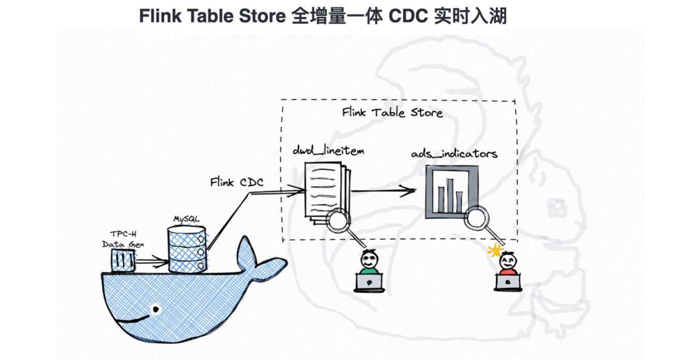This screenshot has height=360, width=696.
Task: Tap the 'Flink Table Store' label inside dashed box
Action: (x=392, y=112)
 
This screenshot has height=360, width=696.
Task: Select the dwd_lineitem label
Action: (x=328, y=151)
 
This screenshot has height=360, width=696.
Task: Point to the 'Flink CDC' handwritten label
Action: (x=237, y=182)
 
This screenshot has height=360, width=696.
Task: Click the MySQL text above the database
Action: (x=186, y=219)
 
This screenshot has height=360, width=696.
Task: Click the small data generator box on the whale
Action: (x=123, y=260)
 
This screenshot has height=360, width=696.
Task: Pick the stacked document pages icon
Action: (x=325, y=189)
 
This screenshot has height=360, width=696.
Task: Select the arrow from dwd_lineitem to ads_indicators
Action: (x=383, y=191)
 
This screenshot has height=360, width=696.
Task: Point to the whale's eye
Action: (x=155, y=309)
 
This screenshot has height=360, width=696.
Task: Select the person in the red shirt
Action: (x=507, y=263)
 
